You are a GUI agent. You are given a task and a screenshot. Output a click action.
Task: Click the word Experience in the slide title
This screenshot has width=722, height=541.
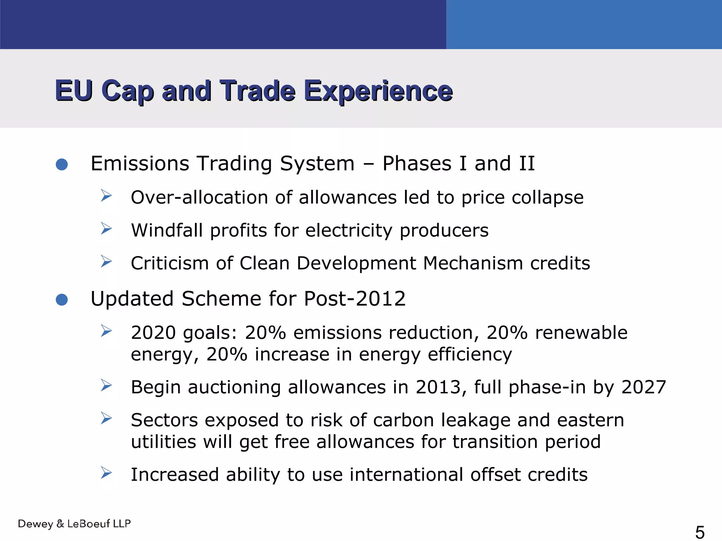378,91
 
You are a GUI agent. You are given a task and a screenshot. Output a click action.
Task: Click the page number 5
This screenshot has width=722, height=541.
700,532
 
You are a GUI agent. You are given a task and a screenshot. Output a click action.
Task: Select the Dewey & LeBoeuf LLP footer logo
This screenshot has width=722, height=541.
74,524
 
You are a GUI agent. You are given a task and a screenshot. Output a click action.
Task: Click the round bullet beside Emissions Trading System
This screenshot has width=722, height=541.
62,164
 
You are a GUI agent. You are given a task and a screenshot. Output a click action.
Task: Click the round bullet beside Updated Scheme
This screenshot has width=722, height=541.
62,300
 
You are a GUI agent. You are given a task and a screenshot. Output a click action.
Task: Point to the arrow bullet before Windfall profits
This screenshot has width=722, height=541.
106,229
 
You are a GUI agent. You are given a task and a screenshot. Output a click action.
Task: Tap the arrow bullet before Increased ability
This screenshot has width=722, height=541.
106,473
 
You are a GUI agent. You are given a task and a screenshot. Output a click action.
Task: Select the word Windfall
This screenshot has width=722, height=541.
167,230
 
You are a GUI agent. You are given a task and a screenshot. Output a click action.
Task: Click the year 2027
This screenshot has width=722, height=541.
643,387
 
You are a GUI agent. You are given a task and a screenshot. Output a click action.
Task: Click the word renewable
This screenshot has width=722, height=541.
581,333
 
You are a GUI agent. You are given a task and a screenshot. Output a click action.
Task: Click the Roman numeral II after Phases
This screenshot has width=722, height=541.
527,164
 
